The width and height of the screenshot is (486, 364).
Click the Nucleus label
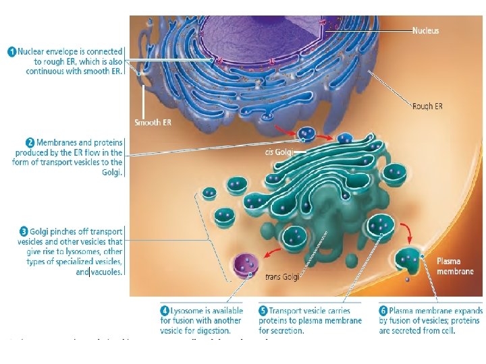425,30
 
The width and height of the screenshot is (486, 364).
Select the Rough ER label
427,106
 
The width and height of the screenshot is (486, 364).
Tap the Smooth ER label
153,122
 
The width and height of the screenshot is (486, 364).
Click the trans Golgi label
282,276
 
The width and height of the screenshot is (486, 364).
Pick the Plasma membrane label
455,266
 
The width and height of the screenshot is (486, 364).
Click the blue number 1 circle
12,51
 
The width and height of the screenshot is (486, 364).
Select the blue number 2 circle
30,142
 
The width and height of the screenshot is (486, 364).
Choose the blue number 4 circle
164,311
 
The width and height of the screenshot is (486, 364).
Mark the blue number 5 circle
263,311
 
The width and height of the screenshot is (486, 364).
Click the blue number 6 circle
383,311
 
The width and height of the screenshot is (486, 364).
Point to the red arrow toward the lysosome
271,252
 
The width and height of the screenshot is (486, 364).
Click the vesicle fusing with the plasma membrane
409,260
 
